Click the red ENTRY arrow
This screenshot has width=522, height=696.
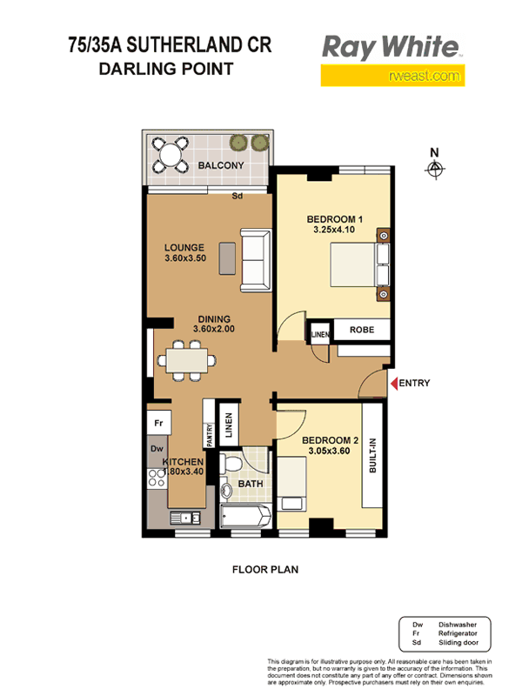pyautogui.click(x=394, y=383)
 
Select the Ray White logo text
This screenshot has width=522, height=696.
pyautogui.click(x=391, y=48)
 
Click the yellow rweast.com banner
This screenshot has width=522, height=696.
pyautogui.click(x=392, y=76)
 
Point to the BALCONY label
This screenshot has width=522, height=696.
pyautogui.click(x=221, y=165)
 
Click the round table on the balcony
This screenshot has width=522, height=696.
pyautogui.click(x=171, y=155)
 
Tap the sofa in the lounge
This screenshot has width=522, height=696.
pyautogui.click(x=255, y=259)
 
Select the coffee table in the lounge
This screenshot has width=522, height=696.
pyautogui.click(x=227, y=258)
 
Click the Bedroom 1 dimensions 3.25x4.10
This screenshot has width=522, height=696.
pyautogui.click(x=334, y=230)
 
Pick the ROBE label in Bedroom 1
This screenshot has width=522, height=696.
pyautogui.click(x=362, y=330)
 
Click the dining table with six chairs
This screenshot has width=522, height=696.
pyautogui.click(x=187, y=360)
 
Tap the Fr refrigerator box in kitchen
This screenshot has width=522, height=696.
pyautogui.click(x=158, y=423)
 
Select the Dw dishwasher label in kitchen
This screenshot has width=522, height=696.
pyautogui.click(x=157, y=449)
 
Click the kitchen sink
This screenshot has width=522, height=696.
pyautogui.click(x=185, y=518)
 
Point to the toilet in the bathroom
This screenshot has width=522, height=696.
pyautogui.click(x=231, y=464)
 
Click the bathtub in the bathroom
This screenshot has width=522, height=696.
pyautogui.click(x=245, y=516)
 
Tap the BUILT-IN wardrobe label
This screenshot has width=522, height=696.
pyautogui.click(x=373, y=455)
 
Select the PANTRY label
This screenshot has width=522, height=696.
pyautogui.click(x=210, y=435)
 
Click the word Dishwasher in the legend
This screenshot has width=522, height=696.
pyautogui.click(x=458, y=625)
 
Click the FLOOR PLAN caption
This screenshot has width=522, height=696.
pyautogui.click(x=265, y=570)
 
